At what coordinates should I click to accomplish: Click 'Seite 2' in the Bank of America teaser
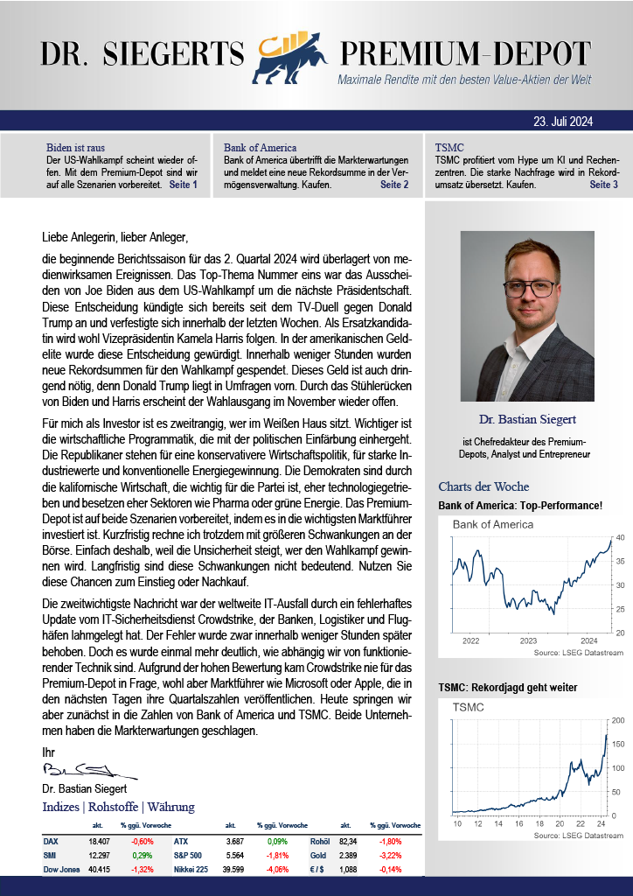tap(394, 185)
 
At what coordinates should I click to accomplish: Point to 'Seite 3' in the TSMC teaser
tap(603, 185)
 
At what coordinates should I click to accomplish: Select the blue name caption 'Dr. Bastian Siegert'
tap(527, 419)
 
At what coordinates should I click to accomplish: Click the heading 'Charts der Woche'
tap(483, 486)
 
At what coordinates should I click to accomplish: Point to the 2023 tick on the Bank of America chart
tap(528, 640)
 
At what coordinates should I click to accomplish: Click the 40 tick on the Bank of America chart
tap(620, 537)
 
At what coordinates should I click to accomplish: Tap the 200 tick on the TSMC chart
tap(618, 720)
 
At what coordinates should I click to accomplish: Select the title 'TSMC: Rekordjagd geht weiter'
tap(508, 688)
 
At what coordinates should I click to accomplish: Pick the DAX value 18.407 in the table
tap(99, 841)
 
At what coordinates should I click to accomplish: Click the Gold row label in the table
tap(320, 855)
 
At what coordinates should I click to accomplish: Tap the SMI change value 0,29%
tap(142, 855)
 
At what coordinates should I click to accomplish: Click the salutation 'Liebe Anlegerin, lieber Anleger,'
tap(115, 236)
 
